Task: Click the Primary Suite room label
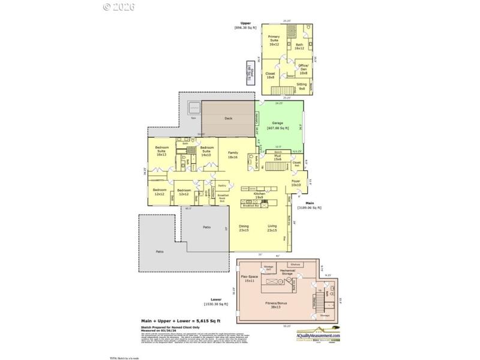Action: [274, 40]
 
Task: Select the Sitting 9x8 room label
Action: [302, 86]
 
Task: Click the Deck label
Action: [228, 118]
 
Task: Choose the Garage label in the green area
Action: [277, 125]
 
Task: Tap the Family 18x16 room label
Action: [233, 155]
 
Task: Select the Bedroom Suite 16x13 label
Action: [161, 152]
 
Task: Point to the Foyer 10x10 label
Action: [296, 182]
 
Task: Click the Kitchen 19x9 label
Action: [259, 196]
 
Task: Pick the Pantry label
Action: [222, 186]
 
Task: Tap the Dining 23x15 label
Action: [244, 228]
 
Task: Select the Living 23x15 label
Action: [272, 228]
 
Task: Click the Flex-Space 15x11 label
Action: [248, 279]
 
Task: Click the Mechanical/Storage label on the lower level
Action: [287, 272]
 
